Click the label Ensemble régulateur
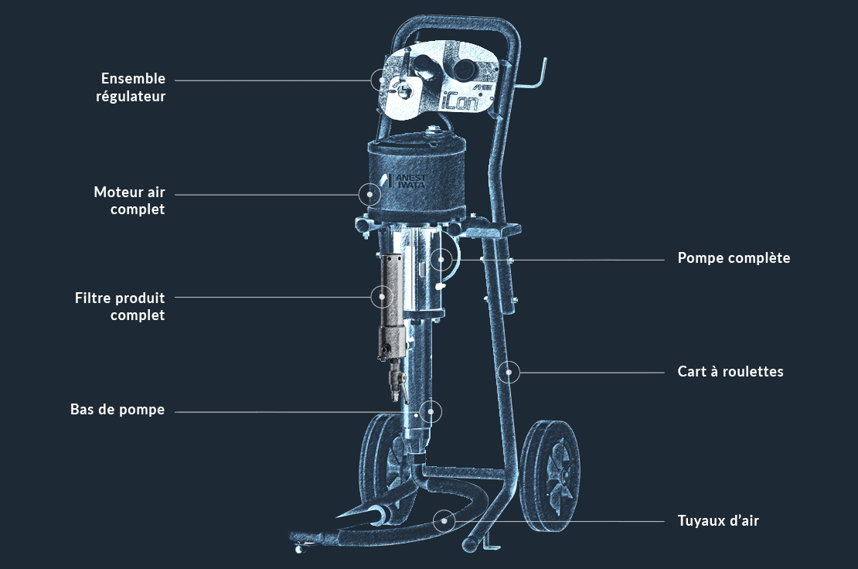[133, 87]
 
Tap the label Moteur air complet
[129, 200]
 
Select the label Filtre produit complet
[120, 306]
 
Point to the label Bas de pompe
[117, 410]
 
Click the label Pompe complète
[734, 258]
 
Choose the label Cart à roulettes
[730, 372]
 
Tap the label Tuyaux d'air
[718, 521]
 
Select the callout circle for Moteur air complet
[371, 193]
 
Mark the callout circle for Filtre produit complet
[380, 296]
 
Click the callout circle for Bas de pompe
[431, 411]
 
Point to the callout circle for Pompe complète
[441, 259]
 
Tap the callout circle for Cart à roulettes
[509, 372]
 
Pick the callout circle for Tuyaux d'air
[444, 520]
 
